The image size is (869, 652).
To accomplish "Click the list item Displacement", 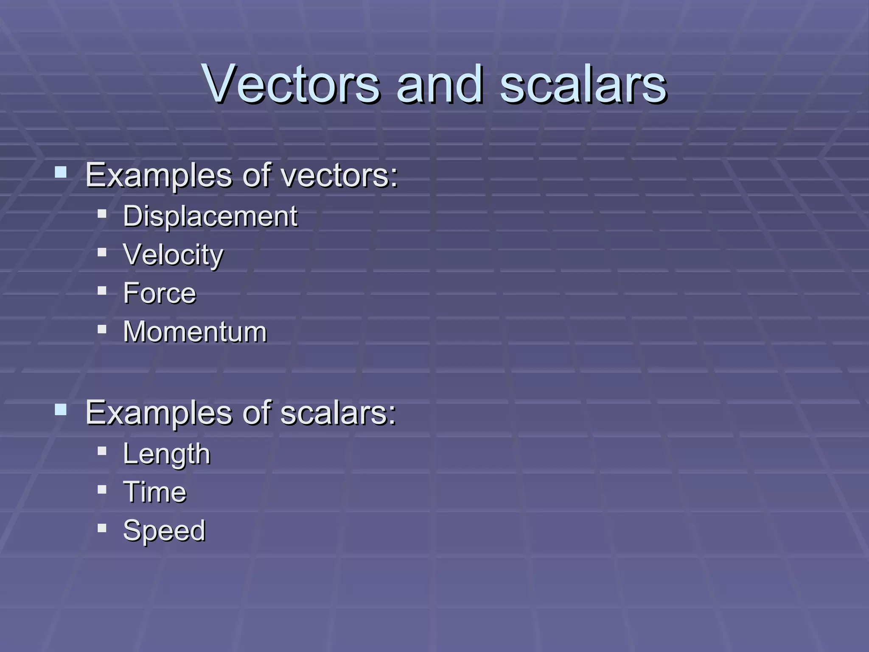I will click(x=210, y=216).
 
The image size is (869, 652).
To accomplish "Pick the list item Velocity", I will click(x=173, y=255).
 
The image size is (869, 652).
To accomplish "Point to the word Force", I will click(x=160, y=293).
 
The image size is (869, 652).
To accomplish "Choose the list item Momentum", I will click(x=195, y=332).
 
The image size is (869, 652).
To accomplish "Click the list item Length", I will click(x=166, y=454).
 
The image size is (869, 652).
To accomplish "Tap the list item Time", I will click(x=154, y=492).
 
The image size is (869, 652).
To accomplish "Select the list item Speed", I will click(x=164, y=531).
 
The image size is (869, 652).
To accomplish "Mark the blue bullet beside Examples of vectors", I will click(x=61, y=172).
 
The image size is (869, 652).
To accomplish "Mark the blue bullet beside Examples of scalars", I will click(x=61, y=410).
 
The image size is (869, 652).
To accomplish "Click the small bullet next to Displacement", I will click(x=102, y=214).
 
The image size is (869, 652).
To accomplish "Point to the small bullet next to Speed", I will click(x=102, y=528).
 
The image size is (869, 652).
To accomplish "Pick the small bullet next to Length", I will click(x=102, y=451).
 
